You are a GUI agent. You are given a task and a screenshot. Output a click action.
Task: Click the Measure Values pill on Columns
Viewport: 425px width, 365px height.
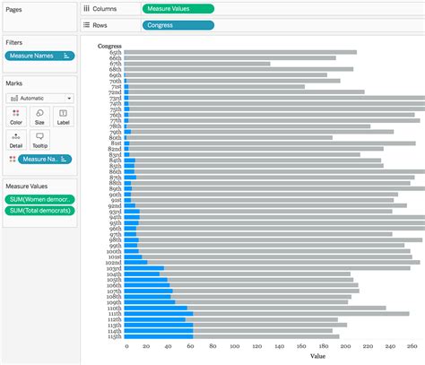click(178, 8)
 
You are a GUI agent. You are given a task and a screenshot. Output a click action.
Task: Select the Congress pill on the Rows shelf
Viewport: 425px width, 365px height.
click(178, 25)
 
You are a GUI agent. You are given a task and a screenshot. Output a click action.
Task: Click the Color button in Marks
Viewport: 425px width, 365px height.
click(16, 117)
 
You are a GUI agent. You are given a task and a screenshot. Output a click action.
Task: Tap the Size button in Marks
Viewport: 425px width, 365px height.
click(39, 117)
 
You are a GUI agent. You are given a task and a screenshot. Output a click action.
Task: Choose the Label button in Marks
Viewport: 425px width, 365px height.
click(62, 117)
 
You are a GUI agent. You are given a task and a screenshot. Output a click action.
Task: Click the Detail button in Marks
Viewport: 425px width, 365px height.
click(16, 139)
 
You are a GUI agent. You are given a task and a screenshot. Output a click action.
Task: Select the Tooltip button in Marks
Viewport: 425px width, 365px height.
click(39, 139)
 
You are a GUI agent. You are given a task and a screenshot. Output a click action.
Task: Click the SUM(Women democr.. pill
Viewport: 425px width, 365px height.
click(39, 199)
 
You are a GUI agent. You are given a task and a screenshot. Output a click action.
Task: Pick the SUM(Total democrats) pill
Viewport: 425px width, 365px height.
click(39, 212)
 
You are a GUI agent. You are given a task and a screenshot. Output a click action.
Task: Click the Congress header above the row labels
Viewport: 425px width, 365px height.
click(110, 45)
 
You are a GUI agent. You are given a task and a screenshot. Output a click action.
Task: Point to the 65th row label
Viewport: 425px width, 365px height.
click(116, 52)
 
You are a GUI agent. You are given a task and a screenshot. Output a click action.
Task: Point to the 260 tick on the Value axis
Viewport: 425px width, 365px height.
click(412, 346)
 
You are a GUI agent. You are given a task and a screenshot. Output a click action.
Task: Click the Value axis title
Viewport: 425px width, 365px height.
click(318, 356)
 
